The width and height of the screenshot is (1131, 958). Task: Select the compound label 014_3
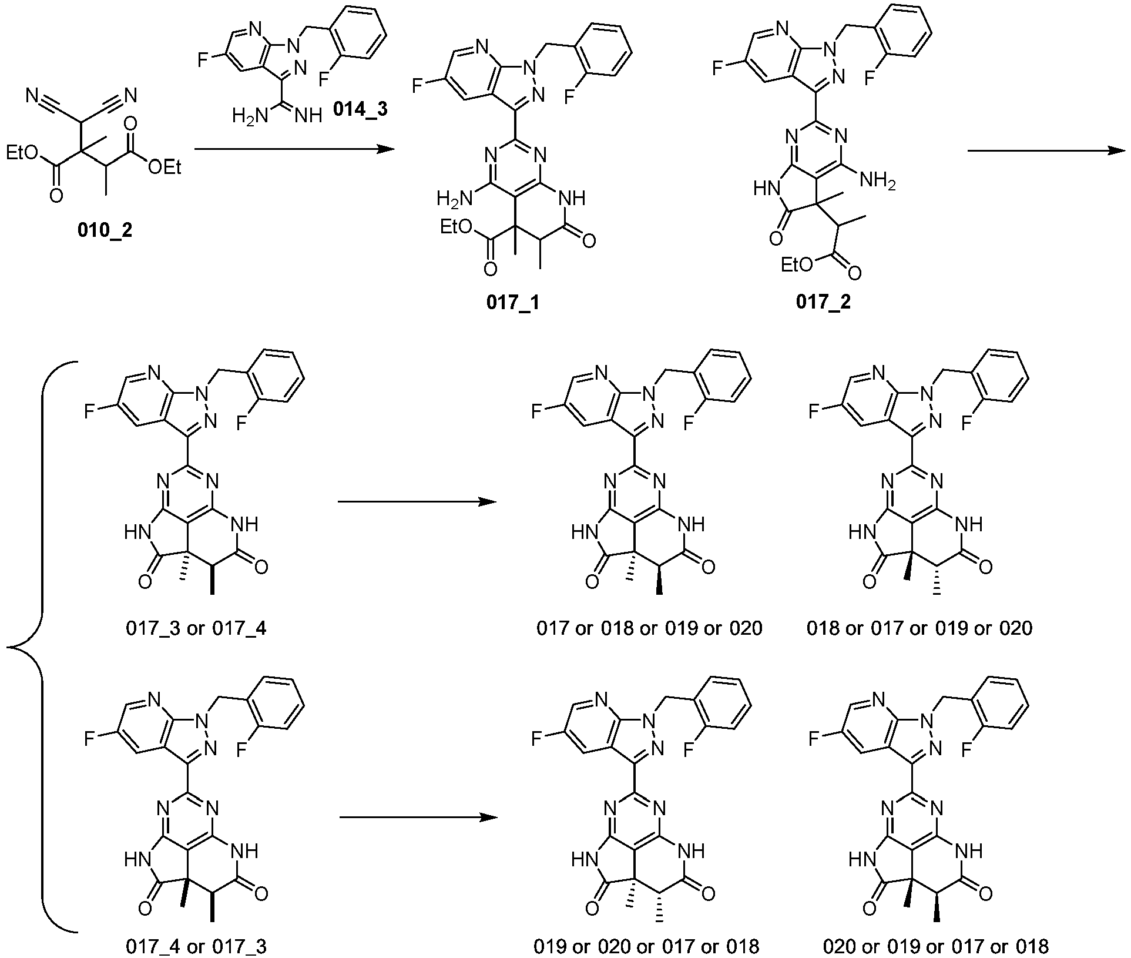(360, 110)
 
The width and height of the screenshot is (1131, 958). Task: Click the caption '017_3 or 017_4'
(196, 628)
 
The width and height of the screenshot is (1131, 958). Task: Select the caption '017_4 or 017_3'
(196, 946)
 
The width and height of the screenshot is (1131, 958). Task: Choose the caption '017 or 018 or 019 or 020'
(649, 628)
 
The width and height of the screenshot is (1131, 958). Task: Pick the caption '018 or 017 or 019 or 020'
(919, 628)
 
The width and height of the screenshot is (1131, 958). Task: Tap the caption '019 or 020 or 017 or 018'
(646, 946)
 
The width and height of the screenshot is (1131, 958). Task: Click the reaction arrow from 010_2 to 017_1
(293, 150)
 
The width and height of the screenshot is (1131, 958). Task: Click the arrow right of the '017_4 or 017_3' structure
(418, 818)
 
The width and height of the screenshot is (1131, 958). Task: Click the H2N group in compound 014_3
(249, 115)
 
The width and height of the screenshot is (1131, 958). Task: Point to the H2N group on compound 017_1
(455, 200)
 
